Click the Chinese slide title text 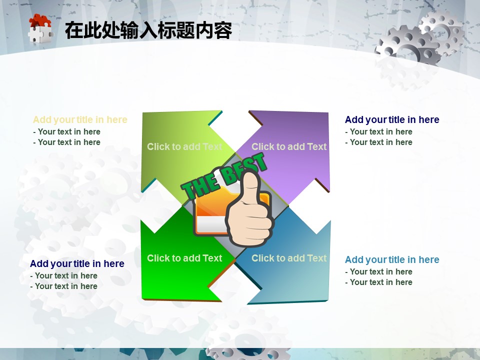(x=148, y=30)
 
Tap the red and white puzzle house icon (x=40, y=29)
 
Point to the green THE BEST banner (x=224, y=176)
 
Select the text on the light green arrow (x=184, y=146)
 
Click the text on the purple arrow (x=289, y=146)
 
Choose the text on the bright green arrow (x=184, y=258)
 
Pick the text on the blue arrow (x=289, y=258)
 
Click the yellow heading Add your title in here (x=80, y=119)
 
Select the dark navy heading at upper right (x=392, y=119)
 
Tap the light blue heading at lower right (x=392, y=259)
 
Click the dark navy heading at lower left (x=77, y=263)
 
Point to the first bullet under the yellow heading (x=66, y=131)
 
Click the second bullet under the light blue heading (x=378, y=282)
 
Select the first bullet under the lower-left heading (x=63, y=275)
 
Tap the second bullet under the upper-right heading (x=378, y=142)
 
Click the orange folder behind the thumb (x=211, y=211)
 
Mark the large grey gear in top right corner (x=407, y=46)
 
